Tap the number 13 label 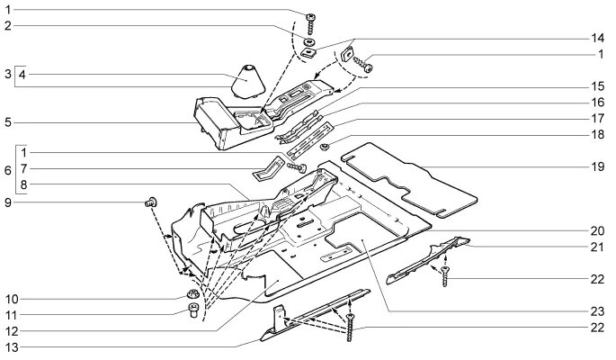8,346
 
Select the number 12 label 8,329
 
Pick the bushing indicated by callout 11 192,312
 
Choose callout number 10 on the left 8,298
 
